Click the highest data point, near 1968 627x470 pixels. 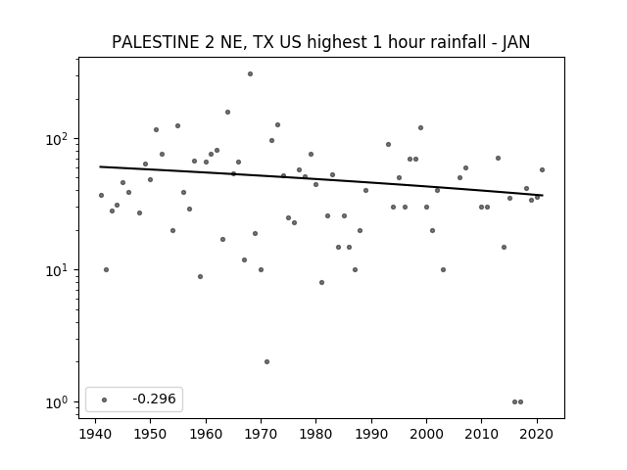(250, 74)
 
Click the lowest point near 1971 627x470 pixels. (266, 361)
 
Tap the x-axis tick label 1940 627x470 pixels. (95, 434)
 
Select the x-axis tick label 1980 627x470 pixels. (315, 434)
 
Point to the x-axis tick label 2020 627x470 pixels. (537, 434)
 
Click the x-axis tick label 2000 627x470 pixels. (426, 434)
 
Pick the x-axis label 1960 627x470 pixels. (206, 434)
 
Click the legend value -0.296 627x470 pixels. (154, 399)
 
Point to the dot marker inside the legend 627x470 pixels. (105, 399)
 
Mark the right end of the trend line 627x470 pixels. (543, 195)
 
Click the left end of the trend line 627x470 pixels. (100, 166)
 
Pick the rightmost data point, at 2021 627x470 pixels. (542, 169)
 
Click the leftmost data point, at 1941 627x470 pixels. (101, 196)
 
